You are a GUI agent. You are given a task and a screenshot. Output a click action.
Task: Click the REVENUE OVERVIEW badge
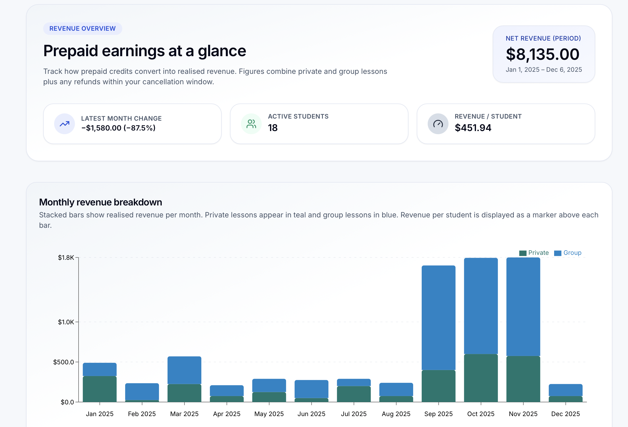pyautogui.click(x=82, y=28)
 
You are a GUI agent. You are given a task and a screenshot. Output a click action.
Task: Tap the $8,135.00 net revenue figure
pyautogui.click(x=542, y=54)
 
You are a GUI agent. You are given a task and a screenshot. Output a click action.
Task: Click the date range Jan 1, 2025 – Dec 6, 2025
pyautogui.click(x=543, y=70)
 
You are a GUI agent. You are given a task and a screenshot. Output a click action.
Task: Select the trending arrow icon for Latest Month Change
pyautogui.click(x=64, y=124)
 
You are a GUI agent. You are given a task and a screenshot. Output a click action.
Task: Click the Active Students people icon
pyautogui.click(x=251, y=124)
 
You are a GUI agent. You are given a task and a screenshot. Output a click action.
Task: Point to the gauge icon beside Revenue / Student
pyautogui.click(x=438, y=124)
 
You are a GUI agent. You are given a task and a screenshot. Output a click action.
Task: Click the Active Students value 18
pyautogui.click(x=273, y=128)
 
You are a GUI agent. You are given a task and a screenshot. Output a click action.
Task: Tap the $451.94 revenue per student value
pyautogui.click(x=473, y=128)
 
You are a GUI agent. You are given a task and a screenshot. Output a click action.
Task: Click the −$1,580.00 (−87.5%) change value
pyautogui.click(x=118, y=128)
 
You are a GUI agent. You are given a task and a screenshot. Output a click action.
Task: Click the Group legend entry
pyautogui.click(x=568, y=253)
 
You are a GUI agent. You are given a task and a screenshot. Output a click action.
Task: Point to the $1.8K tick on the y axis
pyautogui.click(x=66, y=257)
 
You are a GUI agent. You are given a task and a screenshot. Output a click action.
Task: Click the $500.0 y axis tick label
pyautogui.click(x=63, y=362)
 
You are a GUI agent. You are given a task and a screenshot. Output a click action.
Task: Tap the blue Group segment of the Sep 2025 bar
pyautogui.click(x=438, y=317)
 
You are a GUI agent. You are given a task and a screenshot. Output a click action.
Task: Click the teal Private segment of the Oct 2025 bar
pyautogui.click(x=481, y=378)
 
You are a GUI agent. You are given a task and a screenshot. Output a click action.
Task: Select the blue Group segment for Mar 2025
pyautogui.click(x=184, y=370)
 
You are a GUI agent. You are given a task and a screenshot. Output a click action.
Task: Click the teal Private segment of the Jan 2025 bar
pyautogui.click(x=99, y=389)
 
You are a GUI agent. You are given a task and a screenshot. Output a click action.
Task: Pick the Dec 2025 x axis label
pyautogui.click(x=565, y=414)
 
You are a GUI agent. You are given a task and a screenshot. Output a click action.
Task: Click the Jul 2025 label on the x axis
pyautogui.click(x=354, y=414)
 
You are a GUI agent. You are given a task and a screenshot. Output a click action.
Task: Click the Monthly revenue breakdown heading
pyautogui.click(x=100, y=202)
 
